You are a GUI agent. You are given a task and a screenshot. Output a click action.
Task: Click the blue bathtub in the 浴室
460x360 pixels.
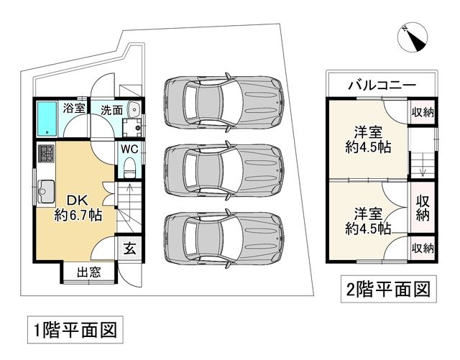(47, 119)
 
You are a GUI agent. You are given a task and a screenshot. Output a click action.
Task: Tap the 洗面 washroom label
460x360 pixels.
(112, 110)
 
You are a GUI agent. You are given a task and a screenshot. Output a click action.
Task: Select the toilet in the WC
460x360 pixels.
(129, 167)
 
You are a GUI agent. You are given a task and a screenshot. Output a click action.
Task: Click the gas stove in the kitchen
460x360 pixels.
(46, 154)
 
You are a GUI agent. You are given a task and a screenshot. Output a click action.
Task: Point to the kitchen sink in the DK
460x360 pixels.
(46, 192)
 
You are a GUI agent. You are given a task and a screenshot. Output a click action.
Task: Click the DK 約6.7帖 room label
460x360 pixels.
(78, 208)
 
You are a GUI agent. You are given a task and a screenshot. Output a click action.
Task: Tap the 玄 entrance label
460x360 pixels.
(129, 249)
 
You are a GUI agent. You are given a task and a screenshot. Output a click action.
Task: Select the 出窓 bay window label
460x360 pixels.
(89, 272)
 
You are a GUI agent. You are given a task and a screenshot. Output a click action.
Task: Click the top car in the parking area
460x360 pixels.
(224, 103)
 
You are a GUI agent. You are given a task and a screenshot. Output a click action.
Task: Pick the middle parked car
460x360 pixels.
(224, 170)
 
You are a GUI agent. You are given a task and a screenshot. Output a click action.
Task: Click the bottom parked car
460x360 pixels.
(224, 239)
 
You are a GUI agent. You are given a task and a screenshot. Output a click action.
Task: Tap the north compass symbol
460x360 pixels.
(412, 38)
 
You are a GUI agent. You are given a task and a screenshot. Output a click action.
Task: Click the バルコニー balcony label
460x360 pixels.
(382, 86)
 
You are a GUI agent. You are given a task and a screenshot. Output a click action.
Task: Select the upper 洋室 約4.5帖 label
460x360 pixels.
(368, 139)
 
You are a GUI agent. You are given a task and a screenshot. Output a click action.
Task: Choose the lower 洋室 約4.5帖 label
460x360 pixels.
(368, 221)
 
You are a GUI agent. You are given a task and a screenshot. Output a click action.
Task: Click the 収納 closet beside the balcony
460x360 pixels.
(423, 112)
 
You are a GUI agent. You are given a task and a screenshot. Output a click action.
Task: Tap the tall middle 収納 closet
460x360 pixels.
(423, 208)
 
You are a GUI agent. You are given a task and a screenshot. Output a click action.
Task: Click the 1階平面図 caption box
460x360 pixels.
(75, 330)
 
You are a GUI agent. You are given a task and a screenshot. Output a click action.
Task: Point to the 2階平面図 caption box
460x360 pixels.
(388, 289)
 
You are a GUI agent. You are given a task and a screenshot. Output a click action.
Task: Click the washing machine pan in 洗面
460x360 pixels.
(132, 128)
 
